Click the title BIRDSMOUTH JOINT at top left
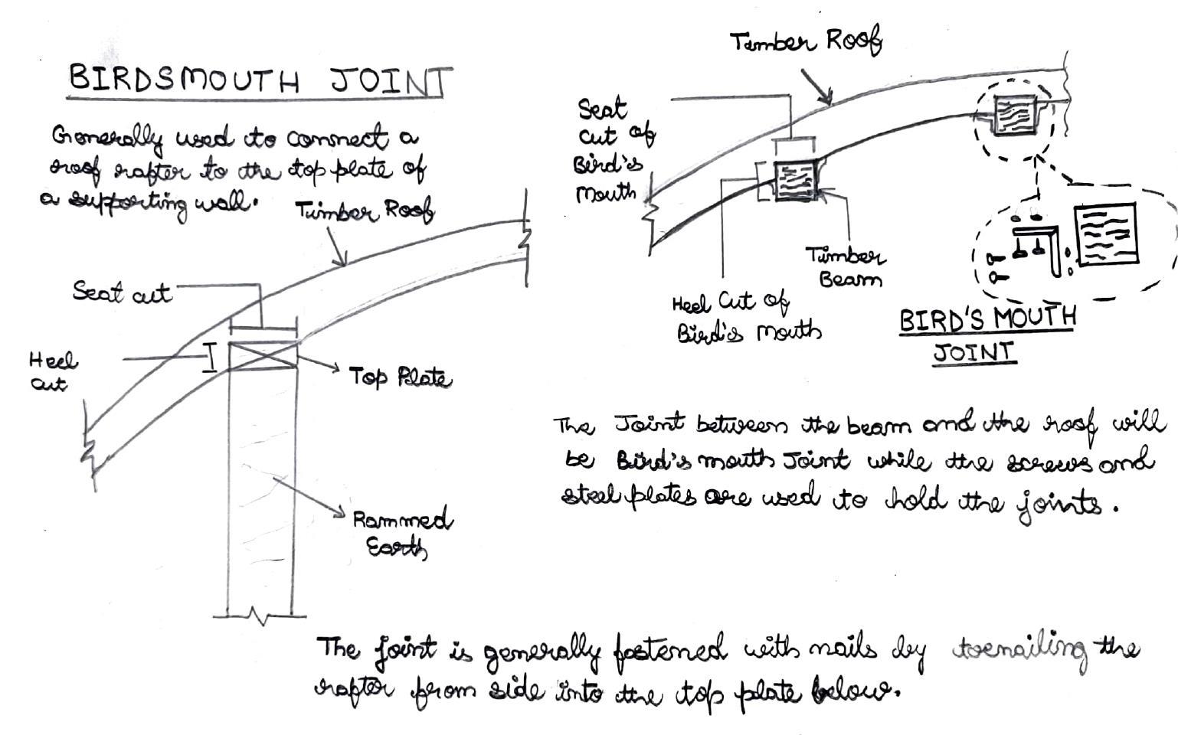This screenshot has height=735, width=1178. pyautogui.click(x=259, y=80)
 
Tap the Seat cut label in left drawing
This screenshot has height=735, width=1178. pyautogui.click(x=122, y=292)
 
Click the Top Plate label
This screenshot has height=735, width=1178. pyautogui.click(x=399, y=377)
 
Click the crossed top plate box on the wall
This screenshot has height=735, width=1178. pyautogui.click(x=263, y=356)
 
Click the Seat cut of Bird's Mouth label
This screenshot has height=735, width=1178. pyautogui.click(x=613, y=149)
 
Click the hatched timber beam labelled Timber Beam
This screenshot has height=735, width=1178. pyautogui.click(x=796, y=182)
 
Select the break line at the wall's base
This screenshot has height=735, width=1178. pyautogui.click(x=260, y=616)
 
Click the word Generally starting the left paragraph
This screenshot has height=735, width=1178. pyautogui.click(x=107, y=139)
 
